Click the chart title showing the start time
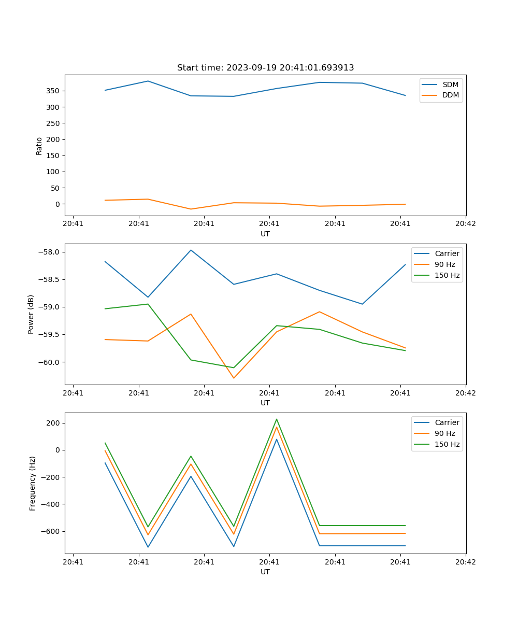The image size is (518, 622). coord(265,68)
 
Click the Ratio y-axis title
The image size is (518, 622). coord(39,146)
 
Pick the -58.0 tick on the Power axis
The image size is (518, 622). coord(51,252)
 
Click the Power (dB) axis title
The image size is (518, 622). coord(31,314)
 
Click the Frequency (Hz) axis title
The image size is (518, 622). coord(33,483)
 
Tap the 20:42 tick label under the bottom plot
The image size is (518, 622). coord(465,562)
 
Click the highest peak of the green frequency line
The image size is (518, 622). coord(277,419)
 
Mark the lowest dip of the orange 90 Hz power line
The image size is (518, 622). coord(234,378)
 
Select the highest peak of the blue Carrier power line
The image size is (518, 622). coord(191,250)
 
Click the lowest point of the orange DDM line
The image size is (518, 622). coord(191,209)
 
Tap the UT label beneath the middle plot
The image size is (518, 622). coord(265,403)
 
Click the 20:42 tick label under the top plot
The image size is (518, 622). coord(465,224)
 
